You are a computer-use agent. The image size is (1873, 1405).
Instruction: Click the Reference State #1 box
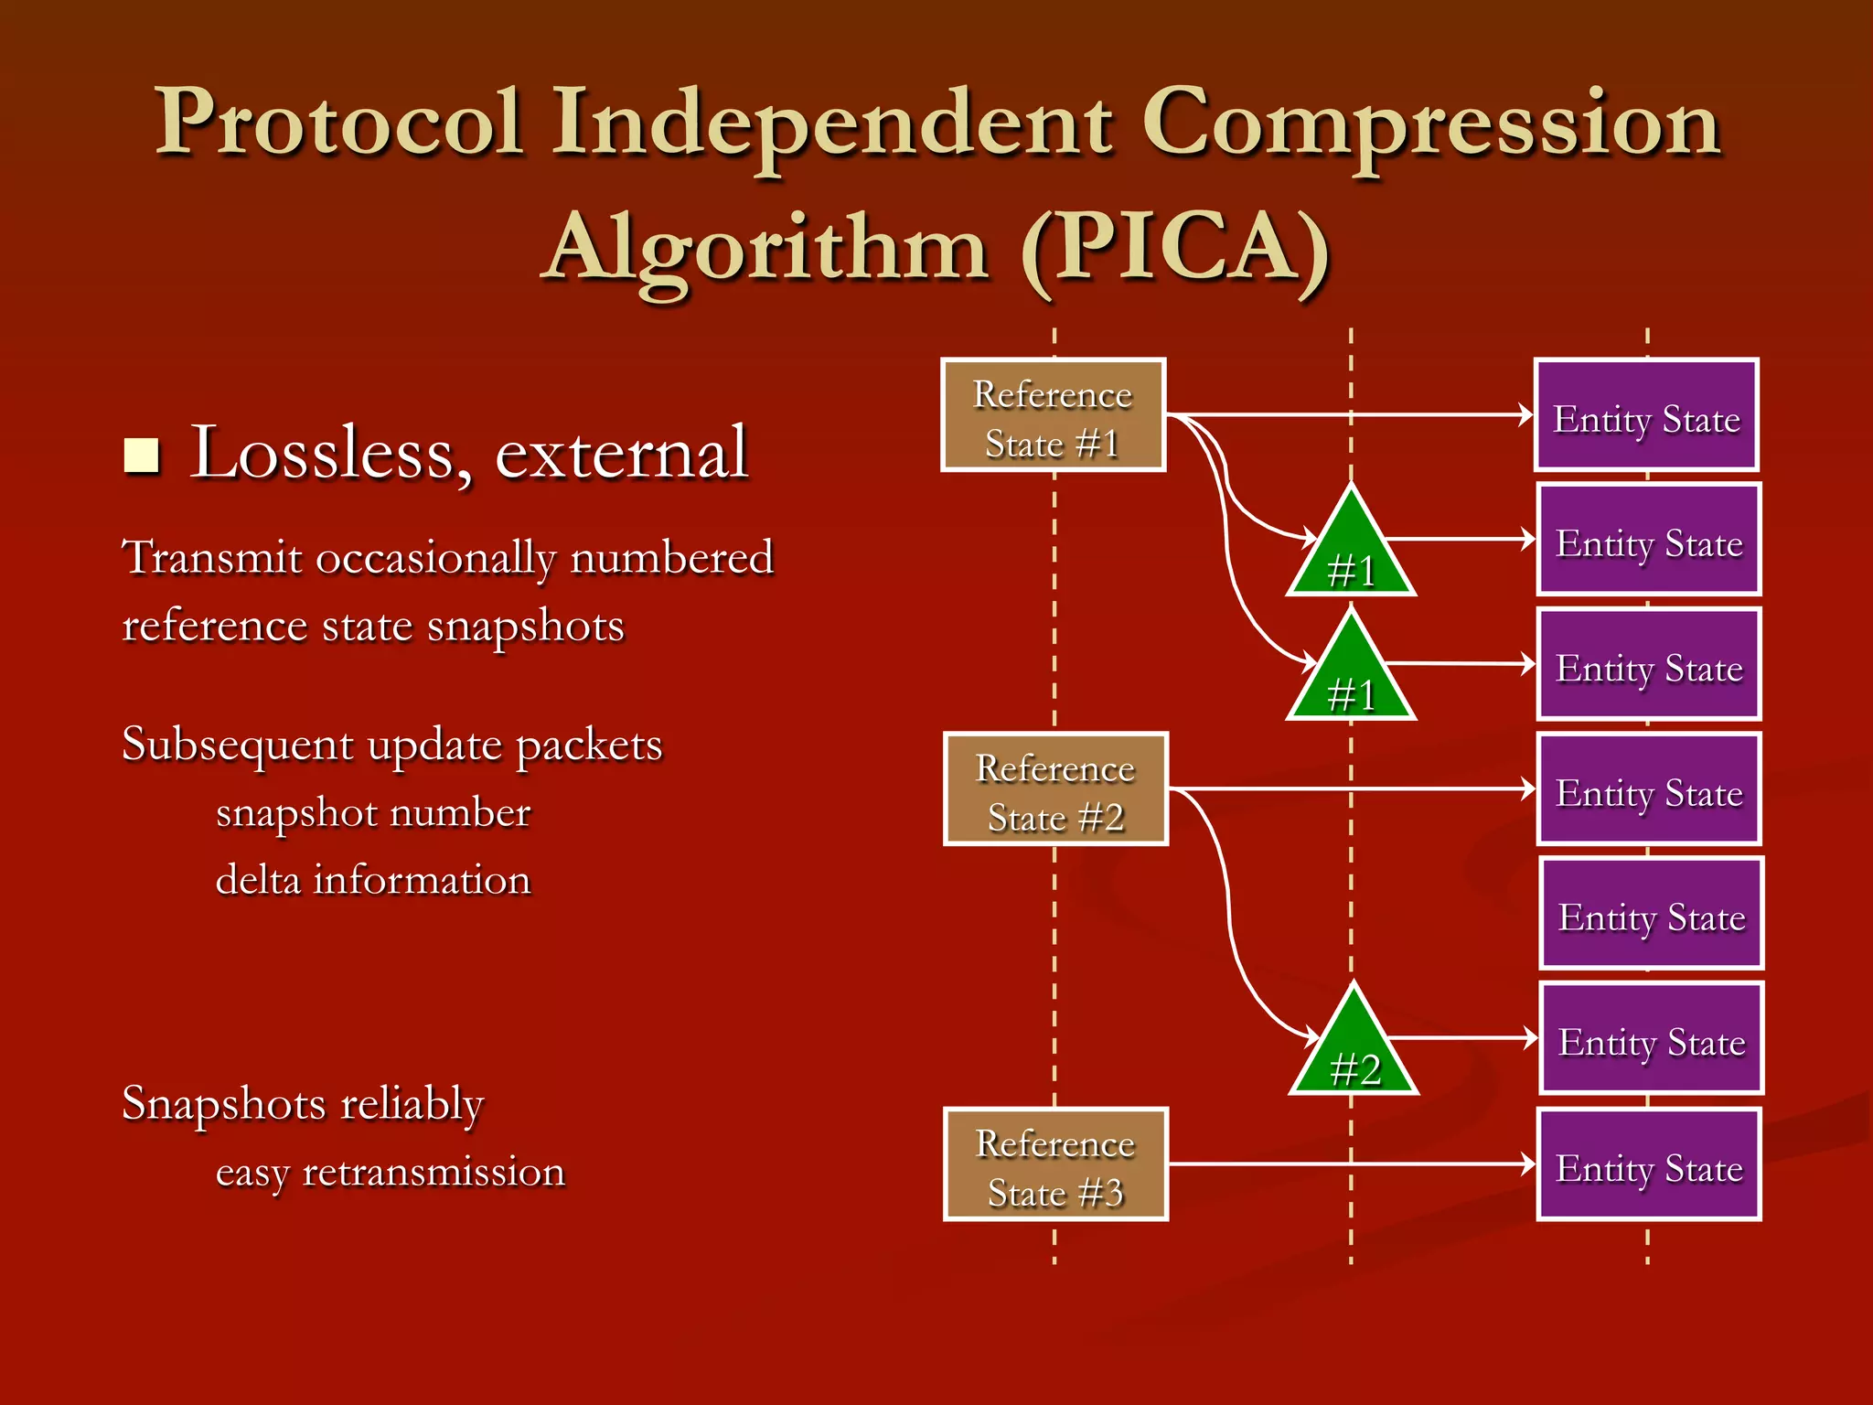pos(1053,414)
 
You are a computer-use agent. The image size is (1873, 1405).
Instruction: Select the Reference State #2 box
pos(1055,788)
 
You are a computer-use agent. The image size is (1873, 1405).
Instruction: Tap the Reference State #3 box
pos(1055,1164)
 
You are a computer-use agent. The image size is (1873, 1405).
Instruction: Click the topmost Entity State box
pos(1646,415)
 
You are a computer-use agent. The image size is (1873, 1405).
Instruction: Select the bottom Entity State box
pos(1649,1164)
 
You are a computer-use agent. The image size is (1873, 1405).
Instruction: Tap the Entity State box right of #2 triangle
pos(1651,1038)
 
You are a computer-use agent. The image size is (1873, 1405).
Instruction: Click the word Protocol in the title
pos(338,123)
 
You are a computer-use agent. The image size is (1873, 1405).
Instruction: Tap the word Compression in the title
pos(1431,123)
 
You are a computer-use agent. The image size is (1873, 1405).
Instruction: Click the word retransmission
pos(433,1172)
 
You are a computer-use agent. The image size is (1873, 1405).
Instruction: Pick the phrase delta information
pos(372,880)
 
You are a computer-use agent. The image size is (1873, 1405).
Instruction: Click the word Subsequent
pos(237,745)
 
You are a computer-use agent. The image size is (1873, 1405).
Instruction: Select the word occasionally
pos(435,559)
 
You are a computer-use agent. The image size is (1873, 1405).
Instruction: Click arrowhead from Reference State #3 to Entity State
pos(1527,1164)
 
